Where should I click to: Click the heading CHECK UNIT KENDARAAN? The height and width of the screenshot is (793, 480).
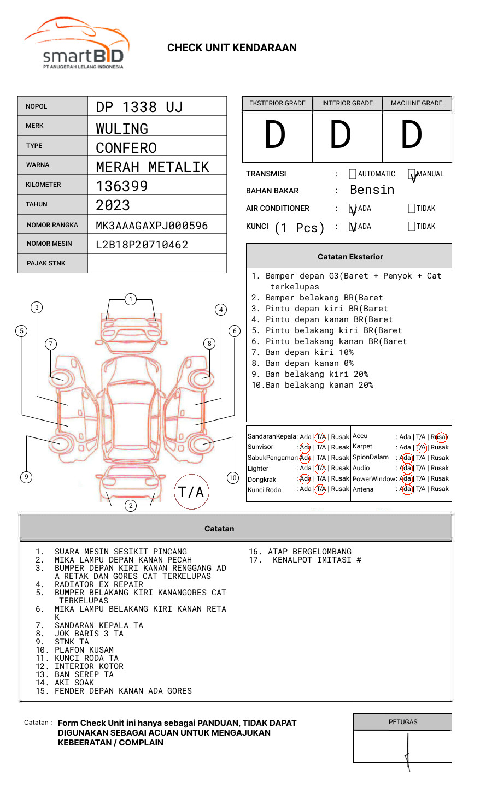[232, 48]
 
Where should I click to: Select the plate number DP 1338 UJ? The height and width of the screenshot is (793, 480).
[139, 107]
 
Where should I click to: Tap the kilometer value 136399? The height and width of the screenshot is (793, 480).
[122, 186]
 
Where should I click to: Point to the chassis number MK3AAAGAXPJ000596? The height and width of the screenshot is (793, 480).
[151, 226]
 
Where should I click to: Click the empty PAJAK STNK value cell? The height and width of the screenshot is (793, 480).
[157, 263]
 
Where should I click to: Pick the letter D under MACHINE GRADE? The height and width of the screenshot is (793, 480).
[412, 135]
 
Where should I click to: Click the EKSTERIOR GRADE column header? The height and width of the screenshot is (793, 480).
[277, 103]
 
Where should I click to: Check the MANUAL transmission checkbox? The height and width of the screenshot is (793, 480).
[412, 174]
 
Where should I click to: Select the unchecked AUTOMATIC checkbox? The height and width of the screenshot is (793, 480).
[353, 174]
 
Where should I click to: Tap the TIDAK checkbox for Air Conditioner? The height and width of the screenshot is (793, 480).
[412, 209]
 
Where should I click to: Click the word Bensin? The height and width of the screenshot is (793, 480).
[372, 190]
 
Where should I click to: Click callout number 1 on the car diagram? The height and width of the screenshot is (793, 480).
[130, 299]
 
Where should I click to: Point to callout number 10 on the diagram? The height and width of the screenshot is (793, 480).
[233, 478]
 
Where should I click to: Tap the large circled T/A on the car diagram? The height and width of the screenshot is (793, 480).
[191, 492]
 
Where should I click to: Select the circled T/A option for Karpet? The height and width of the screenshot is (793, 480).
[421, 447]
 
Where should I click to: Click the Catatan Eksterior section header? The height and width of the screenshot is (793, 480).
[350, 257]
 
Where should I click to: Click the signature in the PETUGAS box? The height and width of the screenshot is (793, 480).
[408, 751]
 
